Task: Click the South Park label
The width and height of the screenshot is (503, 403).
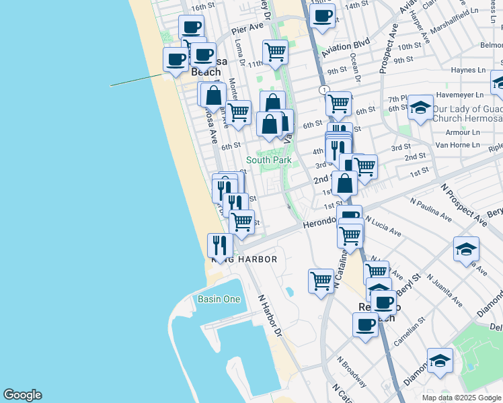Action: click(x=268, y=160)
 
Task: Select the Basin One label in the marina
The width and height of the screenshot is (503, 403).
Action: click(x=219, y=299)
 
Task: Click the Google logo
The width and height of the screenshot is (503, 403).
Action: click(x=22, y=395)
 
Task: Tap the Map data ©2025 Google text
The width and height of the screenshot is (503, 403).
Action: click(x=461, y=398)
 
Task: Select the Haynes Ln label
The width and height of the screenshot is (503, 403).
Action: click(x=468, y=70)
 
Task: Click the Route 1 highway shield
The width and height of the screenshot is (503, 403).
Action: click(x=324, y=90)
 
